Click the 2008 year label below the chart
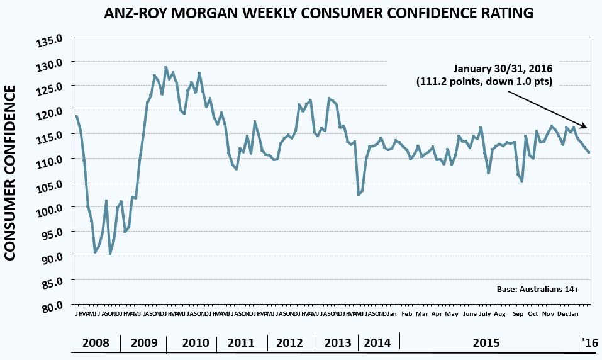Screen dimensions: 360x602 click(x=96, y=343)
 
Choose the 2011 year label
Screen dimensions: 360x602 click(x=241, y=343)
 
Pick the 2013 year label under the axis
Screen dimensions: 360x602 click(x=338, y=343)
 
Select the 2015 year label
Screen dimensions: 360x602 click(x=486, y=343)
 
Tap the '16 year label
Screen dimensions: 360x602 click(x=590, y=343)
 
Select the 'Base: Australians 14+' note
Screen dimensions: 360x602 click(x=537, y=289)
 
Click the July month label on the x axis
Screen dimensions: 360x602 click(x=484, y=313)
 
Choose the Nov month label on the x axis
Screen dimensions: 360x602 click(x=548, y=313)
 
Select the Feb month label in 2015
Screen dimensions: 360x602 click(x=407, y=313)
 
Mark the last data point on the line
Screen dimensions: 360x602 click(x=589, y=152)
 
